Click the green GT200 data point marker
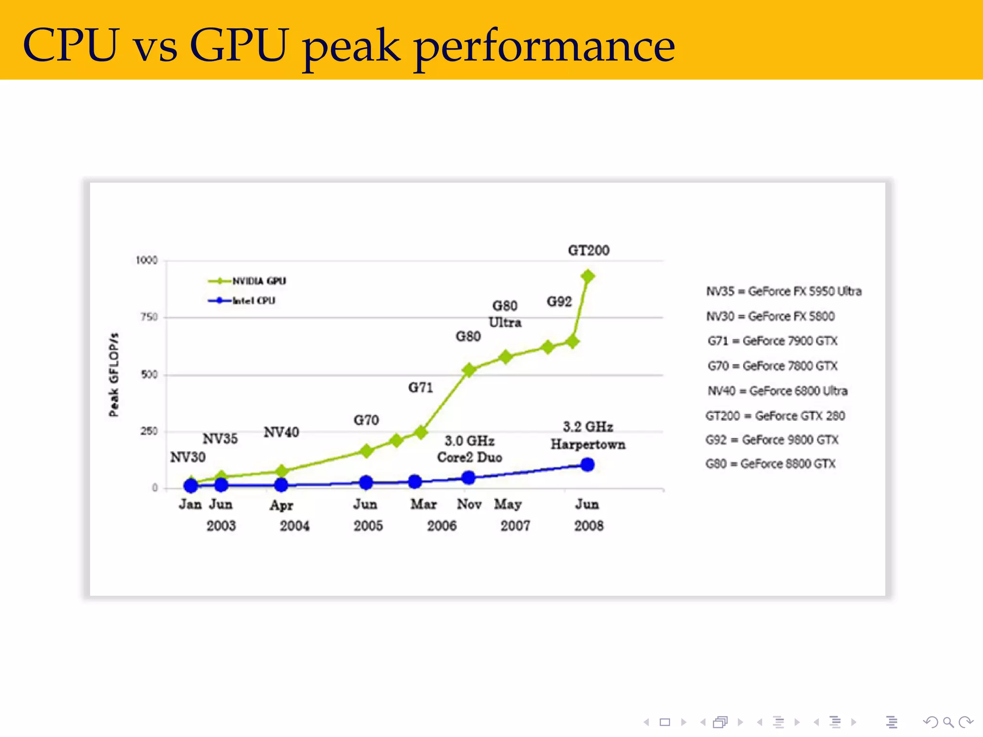[x=587, y=276]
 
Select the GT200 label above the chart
[x=588, y=250]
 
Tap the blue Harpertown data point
[x=587, y=464]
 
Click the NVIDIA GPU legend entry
[x=248, y=281]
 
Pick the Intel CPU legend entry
[x=242, y=301]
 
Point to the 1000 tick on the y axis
[x=146, y=260]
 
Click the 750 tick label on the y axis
[x=149, y=317]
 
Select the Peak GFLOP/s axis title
[x=113, y=374]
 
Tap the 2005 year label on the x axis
[x=368, y=526]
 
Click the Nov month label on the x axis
[x=469, y=504]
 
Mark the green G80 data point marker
[x=469, y=370]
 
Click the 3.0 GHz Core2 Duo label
[x=469, y=449]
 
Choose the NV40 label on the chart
[x=281, y=432]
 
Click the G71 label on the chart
[x=420, y=387]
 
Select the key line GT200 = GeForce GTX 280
[x=775, y=416]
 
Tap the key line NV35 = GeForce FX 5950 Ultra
[x=784, y=291]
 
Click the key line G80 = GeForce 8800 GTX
[x=770, y=464]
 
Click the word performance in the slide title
[x=544, y=47]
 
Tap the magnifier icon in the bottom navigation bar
[x=948, y=722]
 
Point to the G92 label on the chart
[x=559, y=302]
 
